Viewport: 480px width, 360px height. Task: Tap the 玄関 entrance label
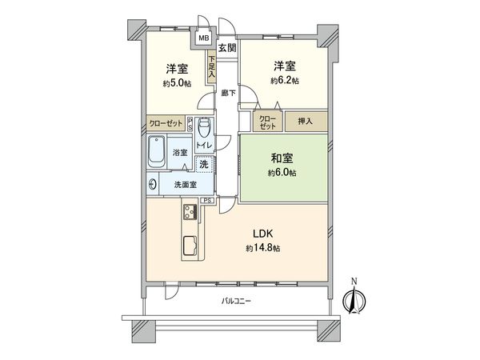227,48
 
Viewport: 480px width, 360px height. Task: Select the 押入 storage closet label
306,122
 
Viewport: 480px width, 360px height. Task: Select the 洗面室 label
184,184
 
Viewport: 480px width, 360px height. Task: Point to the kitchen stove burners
191,212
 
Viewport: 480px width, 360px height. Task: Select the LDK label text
266,234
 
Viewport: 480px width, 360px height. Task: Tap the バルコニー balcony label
236,302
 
